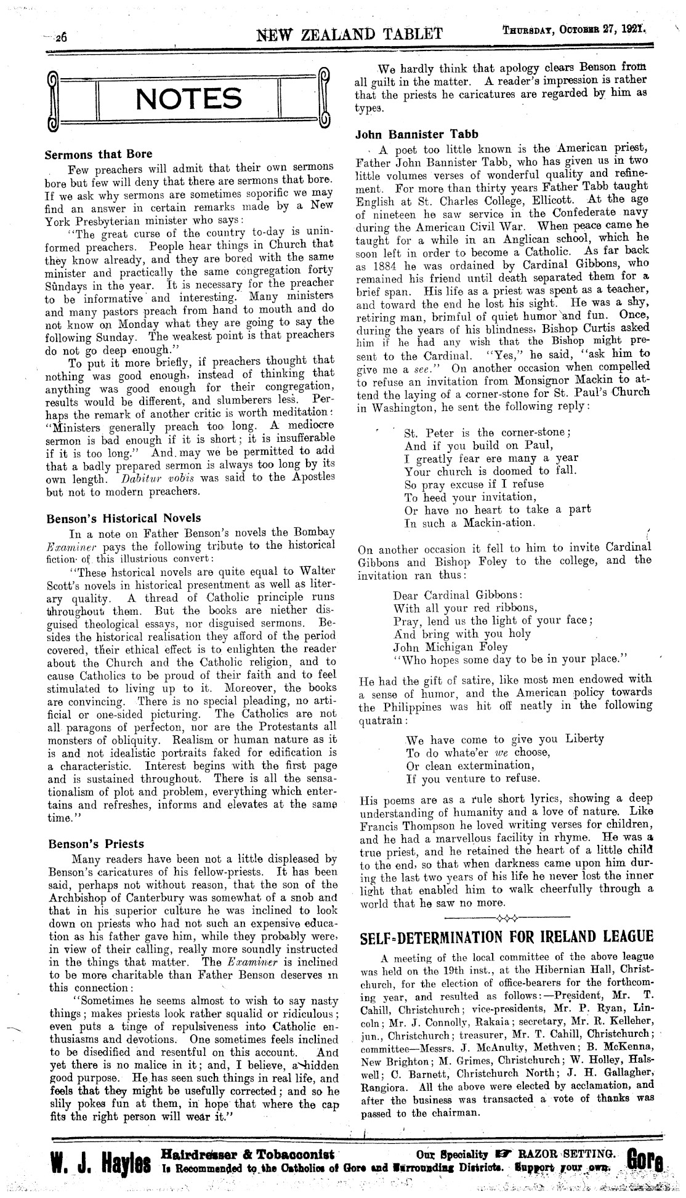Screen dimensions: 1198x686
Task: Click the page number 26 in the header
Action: (x=62, y=36)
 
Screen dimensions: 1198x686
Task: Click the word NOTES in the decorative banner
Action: (x=188, y=99)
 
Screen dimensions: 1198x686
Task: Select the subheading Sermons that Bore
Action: (x=99, y=154)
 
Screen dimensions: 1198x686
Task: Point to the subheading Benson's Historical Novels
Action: (x=124, y=518)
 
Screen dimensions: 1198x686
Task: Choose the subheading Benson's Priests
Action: (x=96, y=844)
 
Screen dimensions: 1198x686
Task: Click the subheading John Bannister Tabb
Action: (x=417, y=134)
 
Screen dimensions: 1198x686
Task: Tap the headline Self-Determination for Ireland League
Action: (x=505, y=937)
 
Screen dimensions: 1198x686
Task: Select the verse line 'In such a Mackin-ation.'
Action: (x=470, y=523)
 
